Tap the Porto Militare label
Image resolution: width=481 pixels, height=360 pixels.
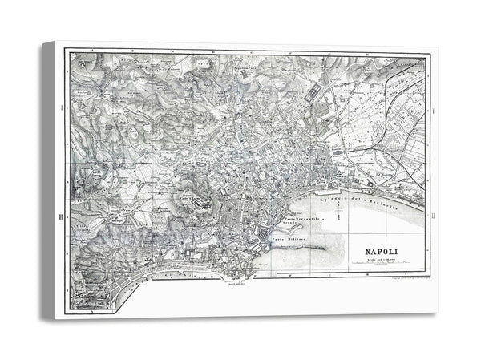(x=289, y=238)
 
